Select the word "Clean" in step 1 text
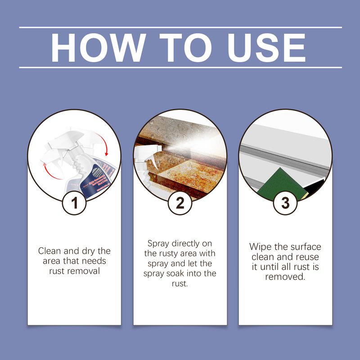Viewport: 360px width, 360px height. click(x=49, y=251)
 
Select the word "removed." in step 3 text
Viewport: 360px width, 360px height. click(x=285, y=277)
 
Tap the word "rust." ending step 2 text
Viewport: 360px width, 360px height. click(x=180, y=284)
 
